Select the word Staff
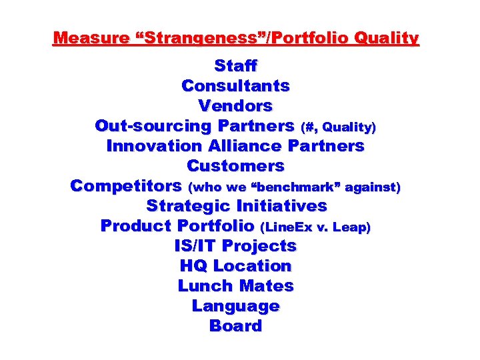coord(235,66)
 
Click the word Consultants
coord(235,86)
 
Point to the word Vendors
coord(235,106)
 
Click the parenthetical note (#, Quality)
coord(339,127)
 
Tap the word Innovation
coord(153,146)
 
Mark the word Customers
coord(235,166)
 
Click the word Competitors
coord(127,186)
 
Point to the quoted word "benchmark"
coord(290,187)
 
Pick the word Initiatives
coord(282,206)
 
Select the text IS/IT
coord(196,246)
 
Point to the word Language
coord(235,306)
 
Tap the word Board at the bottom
coord(235,326)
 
